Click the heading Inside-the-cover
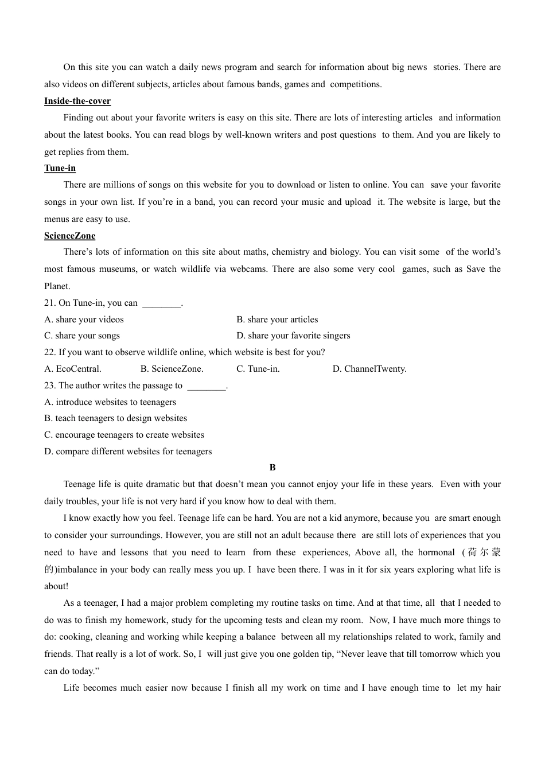coord(77,101)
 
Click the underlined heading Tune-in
coord(60,168)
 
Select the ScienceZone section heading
coord(69,236)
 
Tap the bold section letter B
coord(272,468)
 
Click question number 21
coord(49,303)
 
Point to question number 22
coord(49,352)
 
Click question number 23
coord(49,385)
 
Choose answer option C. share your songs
coord(82,336)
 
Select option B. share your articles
coord(277,320)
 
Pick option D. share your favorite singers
coord(293,336)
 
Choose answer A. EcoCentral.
coord(73,369)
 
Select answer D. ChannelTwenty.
coord(369,369)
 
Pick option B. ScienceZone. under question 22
coord(172,369)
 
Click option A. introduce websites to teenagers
coord(110,402)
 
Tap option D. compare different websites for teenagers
coord(128,451)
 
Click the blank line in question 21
coord(161,304)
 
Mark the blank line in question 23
coord(207,387)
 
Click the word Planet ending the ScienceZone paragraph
coord(57,286)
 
